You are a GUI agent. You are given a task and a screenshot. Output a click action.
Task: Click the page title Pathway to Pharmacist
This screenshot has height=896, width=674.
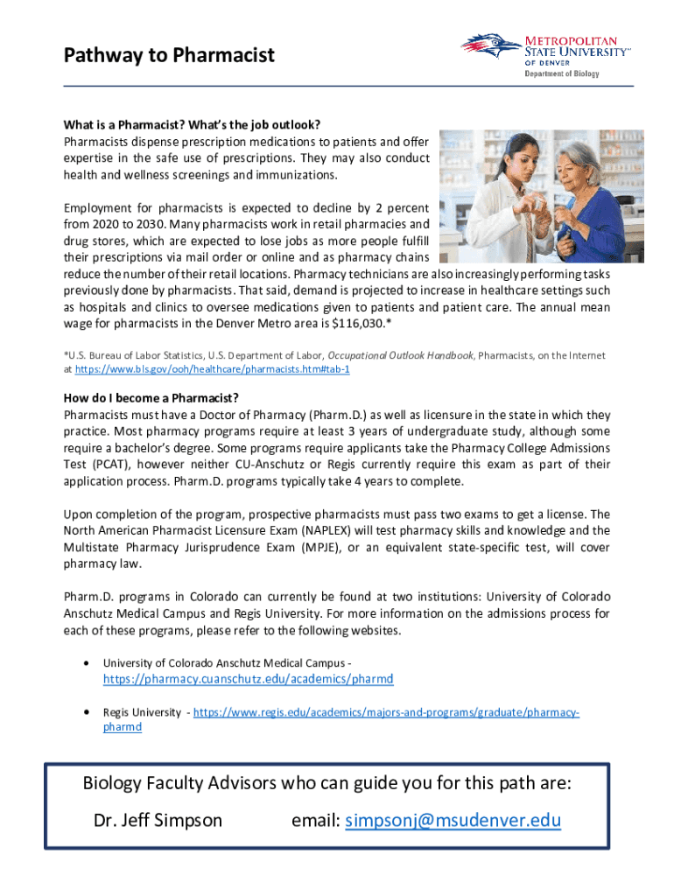click(169, 56)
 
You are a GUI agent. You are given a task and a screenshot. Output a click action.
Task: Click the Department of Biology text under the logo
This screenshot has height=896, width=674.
click(561, 73)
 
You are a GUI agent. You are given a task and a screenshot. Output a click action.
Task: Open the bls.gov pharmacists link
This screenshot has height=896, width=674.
click(213, 370)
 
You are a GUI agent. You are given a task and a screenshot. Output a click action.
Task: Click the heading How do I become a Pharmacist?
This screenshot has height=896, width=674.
click(151, 398)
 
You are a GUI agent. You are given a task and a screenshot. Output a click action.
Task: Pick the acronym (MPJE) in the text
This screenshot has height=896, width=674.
click(322, 548)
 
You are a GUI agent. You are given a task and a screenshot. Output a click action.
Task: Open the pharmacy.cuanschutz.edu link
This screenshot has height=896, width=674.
click(248, 679)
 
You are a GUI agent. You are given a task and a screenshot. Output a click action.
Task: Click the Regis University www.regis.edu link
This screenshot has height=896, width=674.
click(385, 713)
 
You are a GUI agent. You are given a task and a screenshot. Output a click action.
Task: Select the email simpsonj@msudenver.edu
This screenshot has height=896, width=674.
click(453, 821)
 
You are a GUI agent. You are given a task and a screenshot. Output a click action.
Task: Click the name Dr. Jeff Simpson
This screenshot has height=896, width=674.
click(158, 821)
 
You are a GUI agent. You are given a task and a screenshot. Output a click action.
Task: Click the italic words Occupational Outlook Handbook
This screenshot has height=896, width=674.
click(401, 355)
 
